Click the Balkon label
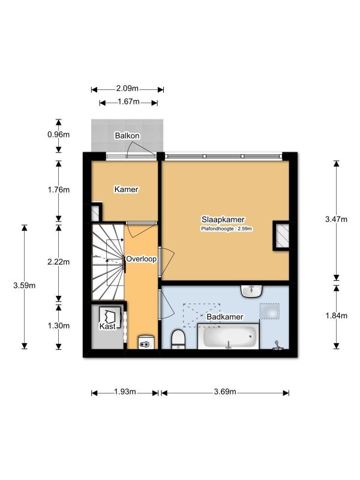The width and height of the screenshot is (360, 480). [x=127, y=136]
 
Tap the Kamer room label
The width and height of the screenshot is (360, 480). [x=126, y=190]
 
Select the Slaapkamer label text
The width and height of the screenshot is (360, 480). [x=223, y=220]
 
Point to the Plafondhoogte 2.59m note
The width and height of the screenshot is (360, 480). [x=226, y=229]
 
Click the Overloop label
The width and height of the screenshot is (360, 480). [x=141, y=259]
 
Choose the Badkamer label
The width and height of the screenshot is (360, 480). [x=225, y=317]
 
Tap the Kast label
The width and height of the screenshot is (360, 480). [x=107, y=326]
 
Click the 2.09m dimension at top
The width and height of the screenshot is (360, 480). [x=127, y=89]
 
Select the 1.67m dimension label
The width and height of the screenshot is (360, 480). [x=128, y=101]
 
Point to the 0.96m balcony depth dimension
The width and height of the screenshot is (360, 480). [x=58, y=134]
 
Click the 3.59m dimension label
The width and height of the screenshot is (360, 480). [x=24, y=286]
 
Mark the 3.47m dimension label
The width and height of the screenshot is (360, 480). [x=336, y=219]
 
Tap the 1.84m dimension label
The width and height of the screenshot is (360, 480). [x=336, y=316]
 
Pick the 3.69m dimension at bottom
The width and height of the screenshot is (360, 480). [x=225, y=392]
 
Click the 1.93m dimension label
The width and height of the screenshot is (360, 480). [x=125, y=392]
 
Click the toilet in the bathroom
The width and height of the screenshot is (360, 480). [x=178, y=339]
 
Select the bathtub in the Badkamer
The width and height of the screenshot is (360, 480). [x=229, y=337]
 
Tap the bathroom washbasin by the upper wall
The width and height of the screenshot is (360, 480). [x=251, y=291]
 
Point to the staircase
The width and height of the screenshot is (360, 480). [x=108, y=262]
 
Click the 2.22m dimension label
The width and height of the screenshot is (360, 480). [x=58, y=262]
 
